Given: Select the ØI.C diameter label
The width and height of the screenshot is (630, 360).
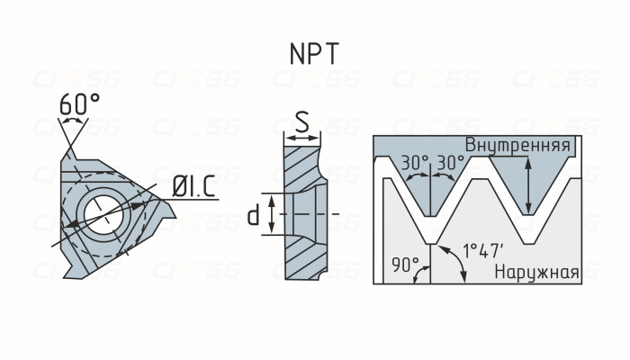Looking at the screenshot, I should point(194,187).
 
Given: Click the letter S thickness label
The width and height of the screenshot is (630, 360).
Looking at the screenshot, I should point(302,120).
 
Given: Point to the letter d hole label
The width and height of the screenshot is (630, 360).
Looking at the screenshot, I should point(254,214).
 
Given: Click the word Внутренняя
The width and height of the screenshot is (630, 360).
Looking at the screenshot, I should point(517,145).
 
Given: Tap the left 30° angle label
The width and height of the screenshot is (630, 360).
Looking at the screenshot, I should point(415,163).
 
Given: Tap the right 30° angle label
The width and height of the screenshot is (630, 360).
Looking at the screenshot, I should point(449,163).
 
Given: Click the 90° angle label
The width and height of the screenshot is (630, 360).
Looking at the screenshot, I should point(406,265).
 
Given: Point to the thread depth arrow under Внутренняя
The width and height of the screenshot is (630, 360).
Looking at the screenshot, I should point(528,184).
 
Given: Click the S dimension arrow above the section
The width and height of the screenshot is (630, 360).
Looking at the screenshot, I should point(302,138).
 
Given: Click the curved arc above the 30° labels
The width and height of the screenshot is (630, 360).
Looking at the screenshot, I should point(432,177).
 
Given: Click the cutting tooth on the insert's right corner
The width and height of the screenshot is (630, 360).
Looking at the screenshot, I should point(163,215).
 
